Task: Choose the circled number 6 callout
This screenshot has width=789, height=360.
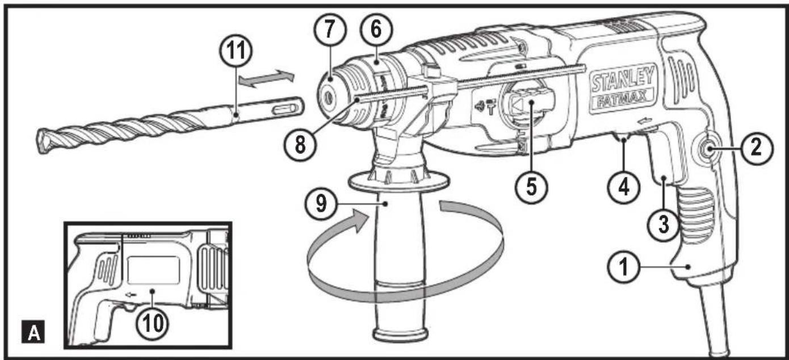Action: [x=374, y=30]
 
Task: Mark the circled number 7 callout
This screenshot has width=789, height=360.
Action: [x=330, y=30]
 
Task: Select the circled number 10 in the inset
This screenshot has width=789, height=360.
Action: [x=154, y=321]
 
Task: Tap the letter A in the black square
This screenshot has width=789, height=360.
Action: [x=35, y=332]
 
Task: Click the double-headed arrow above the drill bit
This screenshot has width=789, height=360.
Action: [x=266, y=79]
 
